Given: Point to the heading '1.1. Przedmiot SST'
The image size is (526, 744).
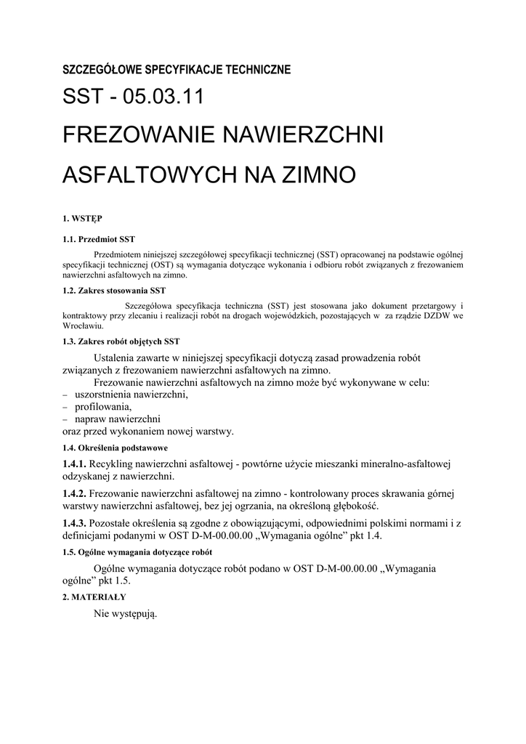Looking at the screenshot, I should pyautogui.click(x=99, y=239).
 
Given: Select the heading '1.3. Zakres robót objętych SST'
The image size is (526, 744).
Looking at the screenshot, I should pyautogui.click(x=121, y=341).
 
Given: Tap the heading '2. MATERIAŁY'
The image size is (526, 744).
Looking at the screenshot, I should pyautogui.click(x=94, y=597).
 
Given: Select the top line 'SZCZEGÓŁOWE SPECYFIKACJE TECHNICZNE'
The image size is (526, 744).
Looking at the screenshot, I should pyautogui.click(x=177, y=70).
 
